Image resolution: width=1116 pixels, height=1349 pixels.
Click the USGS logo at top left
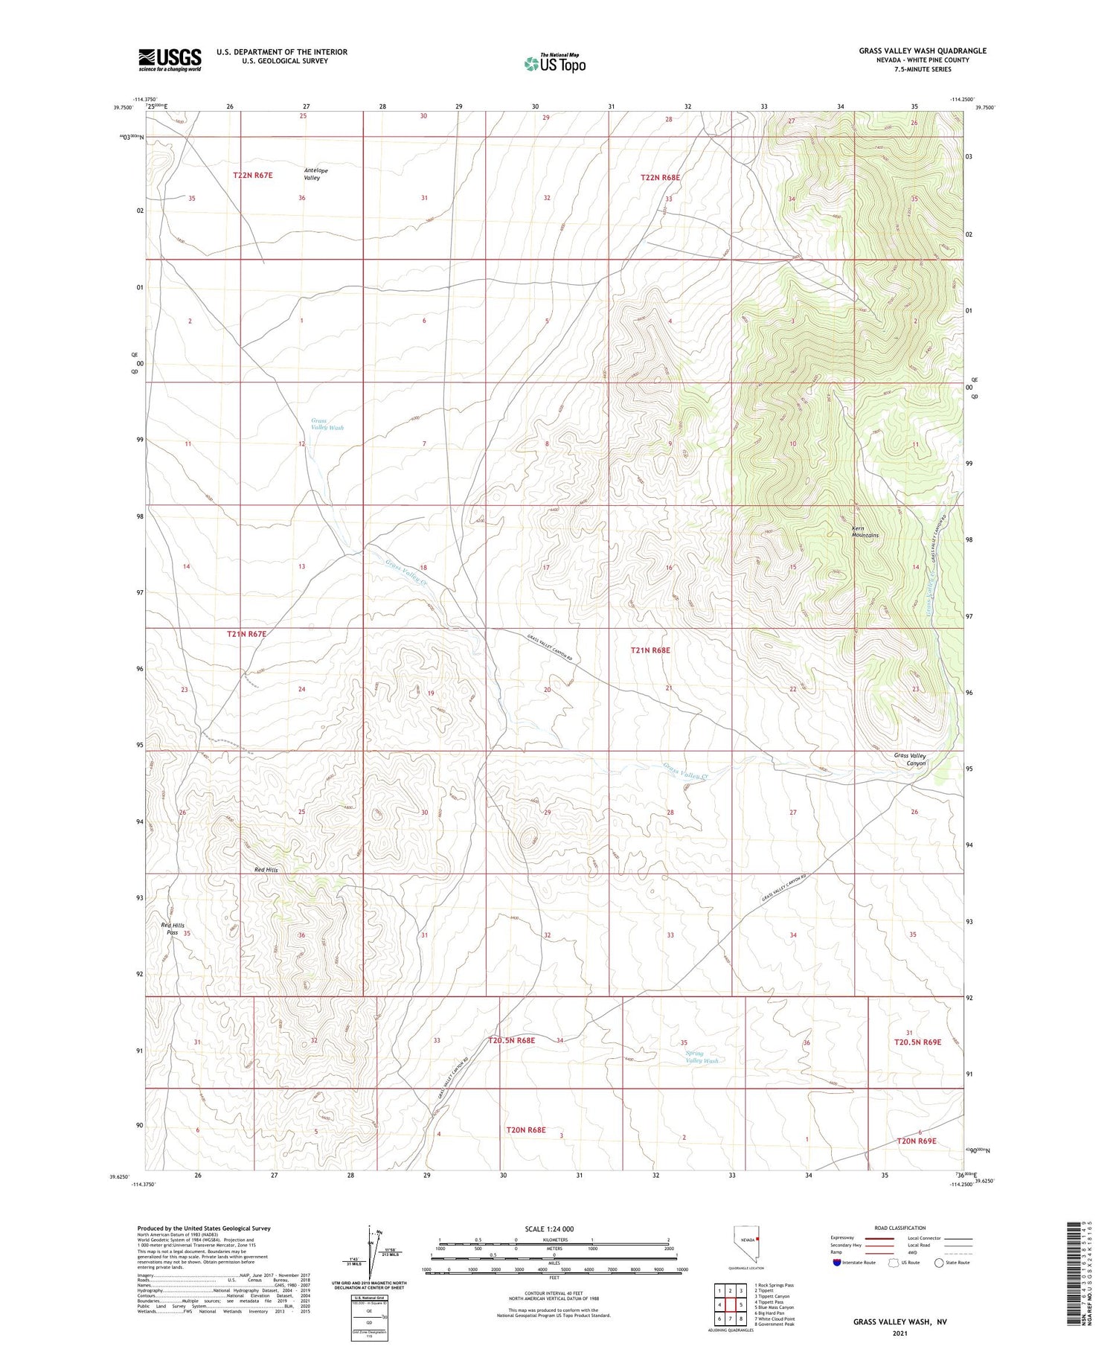pyautogui.click(x=170, y=60)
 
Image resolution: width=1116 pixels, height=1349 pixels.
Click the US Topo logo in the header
pyautogui.click(x=554, y=64)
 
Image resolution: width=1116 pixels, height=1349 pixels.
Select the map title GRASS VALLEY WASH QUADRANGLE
pyautogui.click(x=923, y=51)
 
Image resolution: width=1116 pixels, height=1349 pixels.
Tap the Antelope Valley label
pyautogui.click(x=315, y=174)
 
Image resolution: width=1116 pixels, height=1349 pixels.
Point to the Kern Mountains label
pyautogui.click(x=865, y=532)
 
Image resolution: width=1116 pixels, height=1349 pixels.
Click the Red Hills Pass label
pyautogui.click(x=172, y=929)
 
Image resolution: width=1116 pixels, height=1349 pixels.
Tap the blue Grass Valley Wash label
pyautogui.click(x=327, y=424)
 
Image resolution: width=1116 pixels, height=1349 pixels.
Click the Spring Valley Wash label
pyautogui.click(x=701, y=1057)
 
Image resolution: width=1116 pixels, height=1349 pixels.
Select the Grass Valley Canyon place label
pyautogui.click(x=909, y=759)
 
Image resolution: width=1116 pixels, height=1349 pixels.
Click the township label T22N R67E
pyautogui.click(x=253, y=175)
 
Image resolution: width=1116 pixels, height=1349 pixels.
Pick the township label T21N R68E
pyautogui.click(x=650, y=650)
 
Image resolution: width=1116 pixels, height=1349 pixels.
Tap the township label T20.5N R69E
pyautogui.click(x=917, y=1042)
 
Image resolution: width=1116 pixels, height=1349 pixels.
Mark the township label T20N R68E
pyautogui.click(x=526, y=1129)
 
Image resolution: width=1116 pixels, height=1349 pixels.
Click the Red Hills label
pyautogui.click(x=266, y=870)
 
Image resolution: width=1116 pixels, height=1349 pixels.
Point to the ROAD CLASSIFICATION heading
pyautogui.click(x=900, y=1228)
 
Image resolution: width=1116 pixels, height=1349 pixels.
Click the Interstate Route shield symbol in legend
pyautogui.click(x=837, y=1262)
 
